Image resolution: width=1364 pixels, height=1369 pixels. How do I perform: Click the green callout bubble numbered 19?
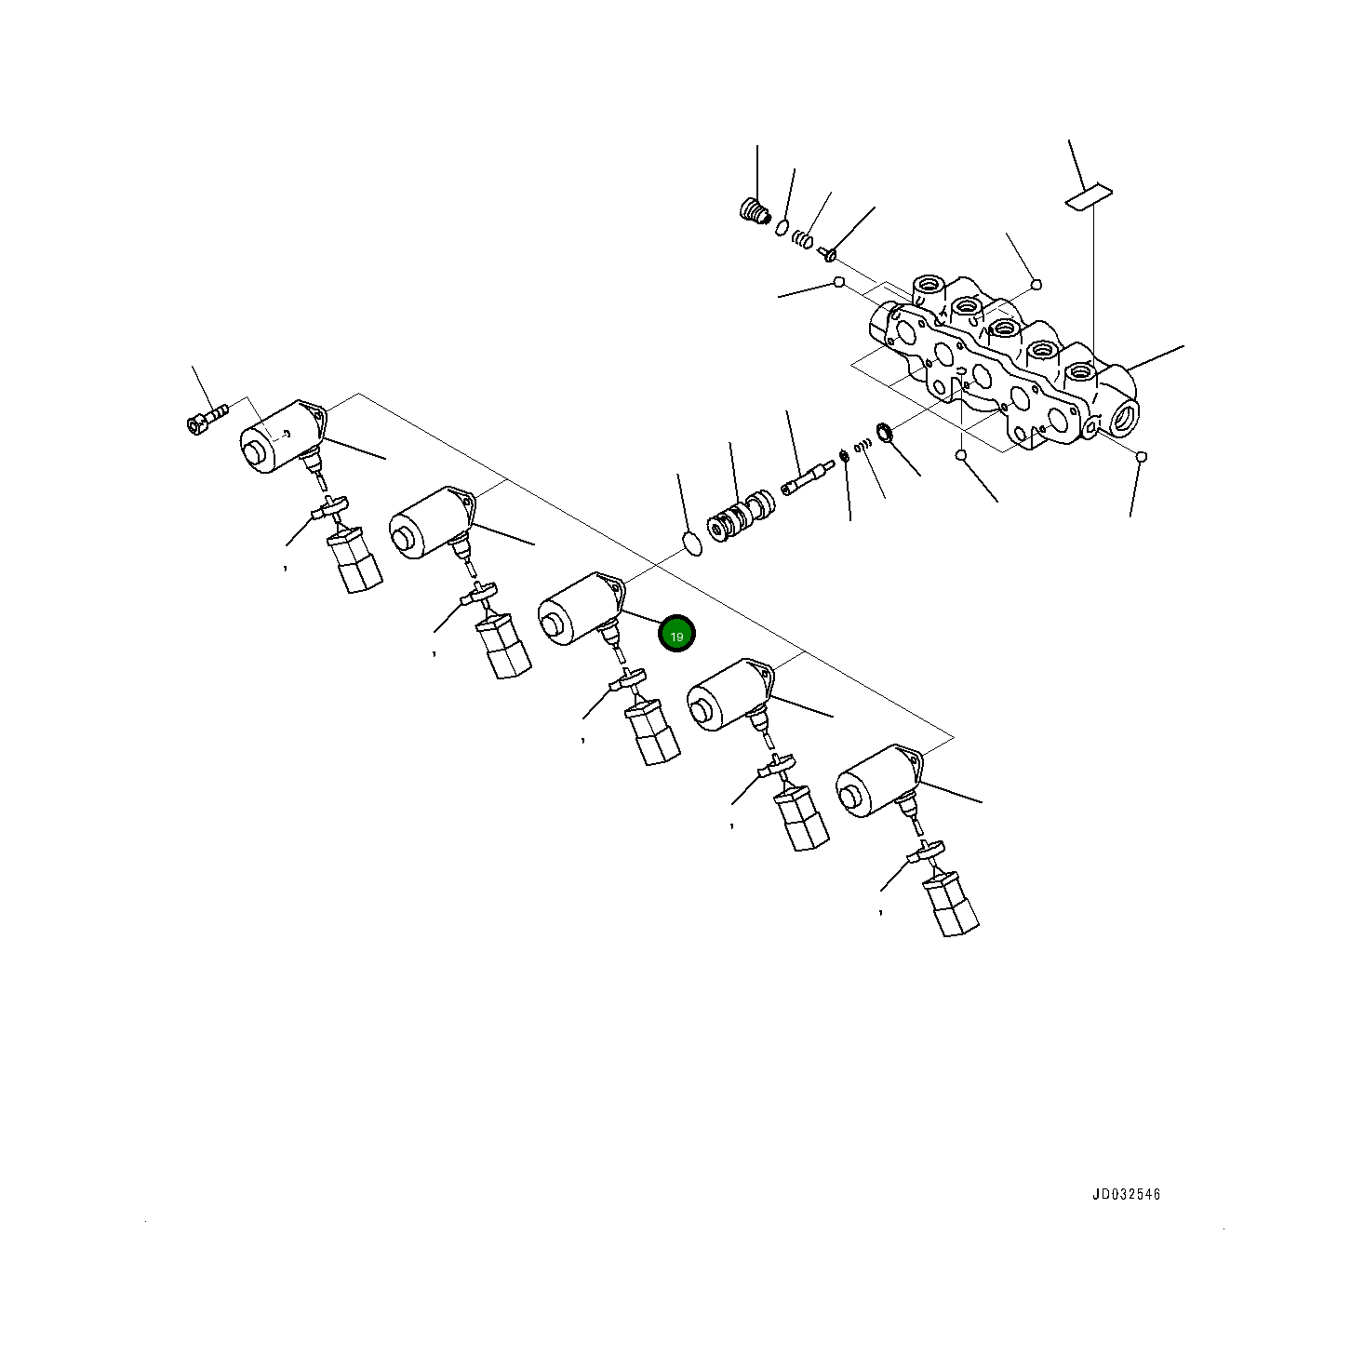pyautogui.click(x=676, y=635)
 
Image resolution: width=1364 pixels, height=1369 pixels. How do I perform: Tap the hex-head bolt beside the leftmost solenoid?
pyautogui.click(x=207, y=417)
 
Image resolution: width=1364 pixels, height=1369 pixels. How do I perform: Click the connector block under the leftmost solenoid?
pyautogui.click(x=354, y=560)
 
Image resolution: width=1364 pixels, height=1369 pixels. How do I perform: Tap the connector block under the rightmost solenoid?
pyautogui.click(x=951, y=904)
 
